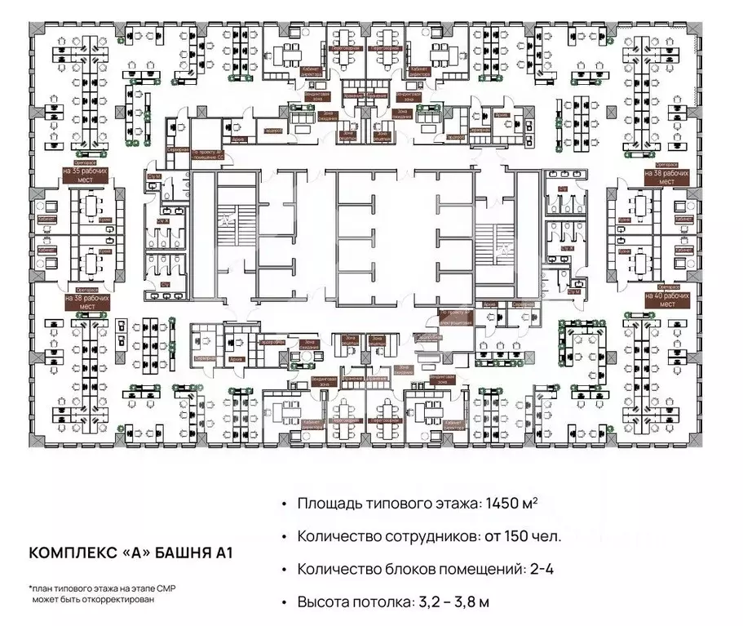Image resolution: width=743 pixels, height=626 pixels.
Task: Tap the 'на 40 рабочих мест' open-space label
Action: pyautogui.click(x=666, y=299)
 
